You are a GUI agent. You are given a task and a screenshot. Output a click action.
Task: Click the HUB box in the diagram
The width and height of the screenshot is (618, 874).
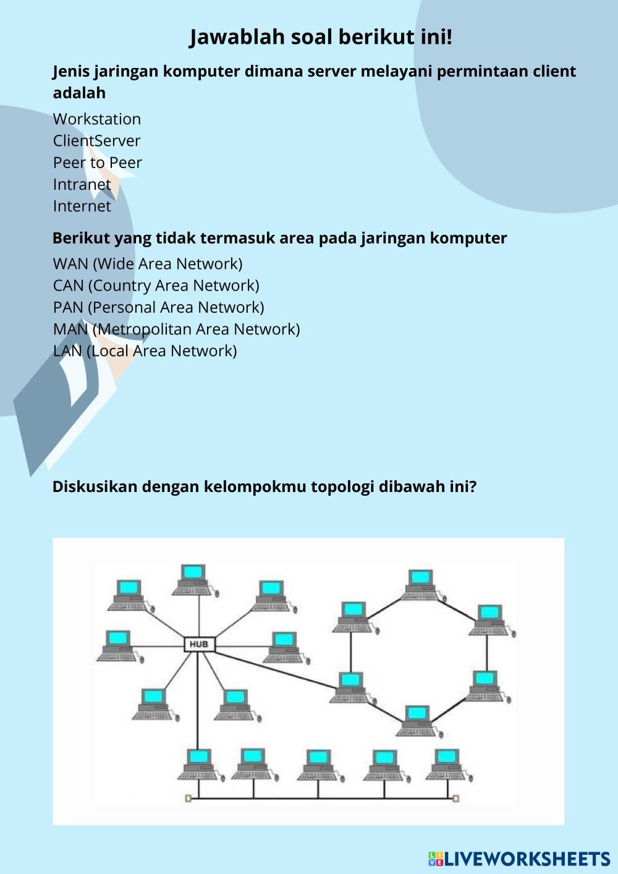(x=200, y=644)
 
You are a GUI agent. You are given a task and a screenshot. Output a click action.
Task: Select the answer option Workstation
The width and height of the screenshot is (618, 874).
(x=97, y=119)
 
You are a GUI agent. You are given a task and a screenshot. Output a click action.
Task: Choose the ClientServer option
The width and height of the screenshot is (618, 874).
(x=96, y=141)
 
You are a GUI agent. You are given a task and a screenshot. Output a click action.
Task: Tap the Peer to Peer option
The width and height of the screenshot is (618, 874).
(x=97, y=163)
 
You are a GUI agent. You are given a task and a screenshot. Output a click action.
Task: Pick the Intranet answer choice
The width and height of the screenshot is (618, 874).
(x=82, y=185)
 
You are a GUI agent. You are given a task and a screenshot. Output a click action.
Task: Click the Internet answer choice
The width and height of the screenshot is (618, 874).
(x=82, y=206)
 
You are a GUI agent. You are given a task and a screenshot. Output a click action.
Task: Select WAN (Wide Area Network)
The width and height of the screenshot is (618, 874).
(x=148, y=264)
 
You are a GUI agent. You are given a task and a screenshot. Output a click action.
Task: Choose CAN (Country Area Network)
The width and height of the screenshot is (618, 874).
(x=156, y=286)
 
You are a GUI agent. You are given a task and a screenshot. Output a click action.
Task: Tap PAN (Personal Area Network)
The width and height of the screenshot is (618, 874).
(x=158, y=307)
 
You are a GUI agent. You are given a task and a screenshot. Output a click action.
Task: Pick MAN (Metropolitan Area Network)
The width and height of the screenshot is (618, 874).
(x=176, y=329)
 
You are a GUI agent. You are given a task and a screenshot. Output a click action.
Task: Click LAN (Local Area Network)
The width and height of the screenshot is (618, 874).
(x=145, y=351)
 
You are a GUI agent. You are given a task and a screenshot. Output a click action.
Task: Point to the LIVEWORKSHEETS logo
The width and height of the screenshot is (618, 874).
(x=519, y=859)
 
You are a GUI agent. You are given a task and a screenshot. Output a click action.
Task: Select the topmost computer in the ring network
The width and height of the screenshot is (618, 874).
(x=423, y=585)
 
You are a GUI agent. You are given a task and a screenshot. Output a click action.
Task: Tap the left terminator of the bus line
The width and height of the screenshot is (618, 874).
(x=188, y=799)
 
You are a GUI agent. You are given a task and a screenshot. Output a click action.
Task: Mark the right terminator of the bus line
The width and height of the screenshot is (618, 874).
(x=455, y=799)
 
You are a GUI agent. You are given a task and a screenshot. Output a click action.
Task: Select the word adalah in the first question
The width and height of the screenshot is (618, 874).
(x=79, y=93)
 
